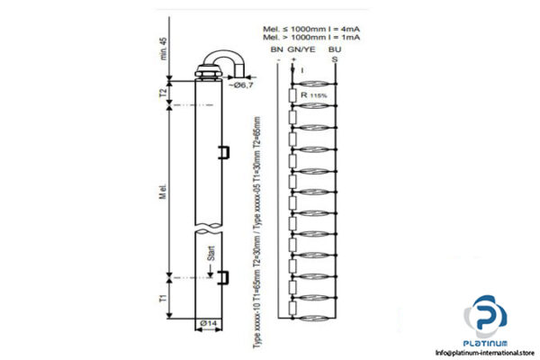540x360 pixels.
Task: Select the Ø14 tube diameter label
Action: (208, 322)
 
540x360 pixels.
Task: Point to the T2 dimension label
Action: (163, 92)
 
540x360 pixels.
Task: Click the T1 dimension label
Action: (163, 295)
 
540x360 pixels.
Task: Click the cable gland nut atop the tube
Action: (206, 67)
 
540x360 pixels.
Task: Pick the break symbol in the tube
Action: (208, 225)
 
